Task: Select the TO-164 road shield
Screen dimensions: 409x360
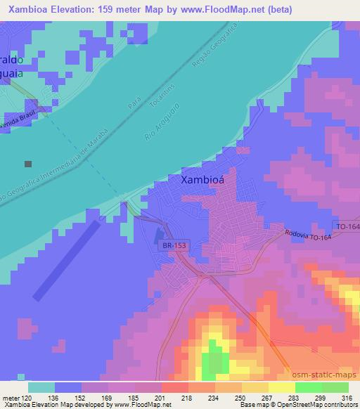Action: click(346, 226)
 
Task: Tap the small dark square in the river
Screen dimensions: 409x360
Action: click(28, 164)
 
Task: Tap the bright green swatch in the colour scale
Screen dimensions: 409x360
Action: click(309, 387)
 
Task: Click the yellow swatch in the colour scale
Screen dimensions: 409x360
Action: click(282, 387)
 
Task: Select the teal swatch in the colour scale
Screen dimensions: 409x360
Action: click(41, 387)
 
